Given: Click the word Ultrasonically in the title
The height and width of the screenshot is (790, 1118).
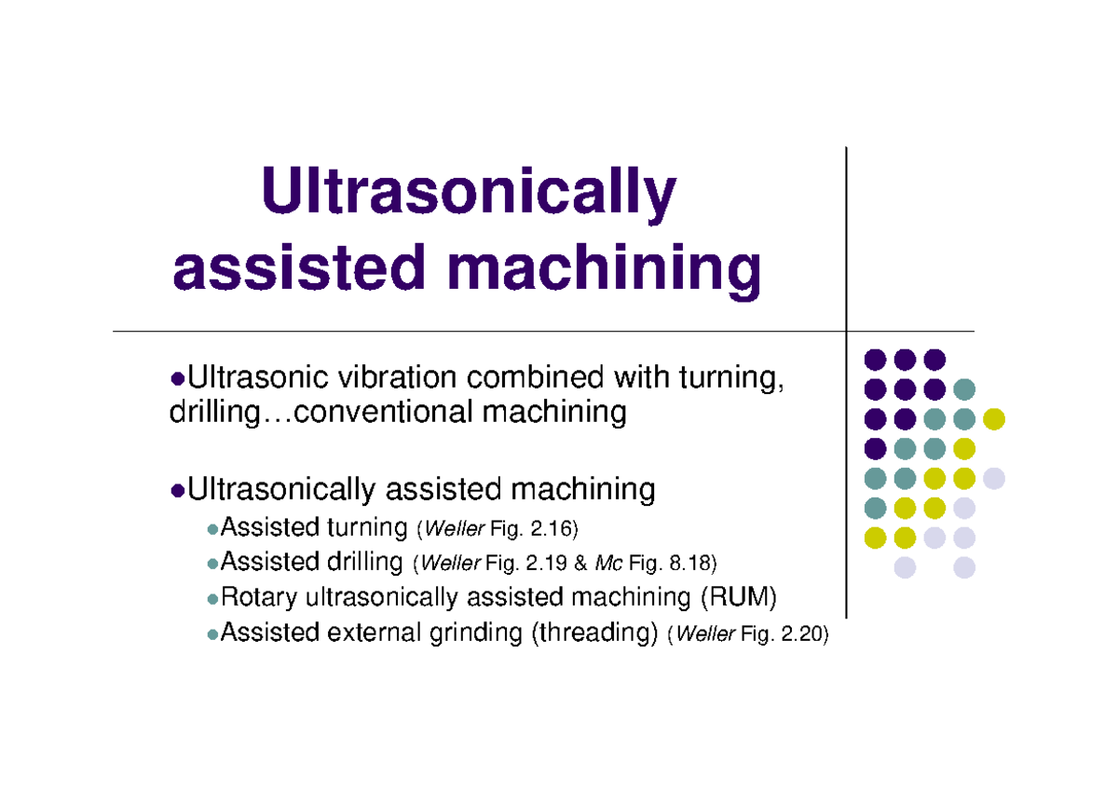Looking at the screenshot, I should (469, 193).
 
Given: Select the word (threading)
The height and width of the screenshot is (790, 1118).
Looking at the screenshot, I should (595, 633).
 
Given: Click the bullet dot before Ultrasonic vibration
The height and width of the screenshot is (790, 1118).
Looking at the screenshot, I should (178, 379).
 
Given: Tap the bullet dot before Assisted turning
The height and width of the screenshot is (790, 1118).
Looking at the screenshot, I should (212, 529).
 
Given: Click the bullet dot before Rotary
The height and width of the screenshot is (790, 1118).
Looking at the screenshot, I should (212, 598).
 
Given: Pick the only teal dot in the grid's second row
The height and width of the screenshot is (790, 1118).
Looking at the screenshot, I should (964, 388).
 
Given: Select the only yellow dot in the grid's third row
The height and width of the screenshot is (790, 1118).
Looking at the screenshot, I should (994, 418).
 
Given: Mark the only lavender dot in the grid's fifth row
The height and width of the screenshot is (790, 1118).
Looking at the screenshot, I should (994, 479).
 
